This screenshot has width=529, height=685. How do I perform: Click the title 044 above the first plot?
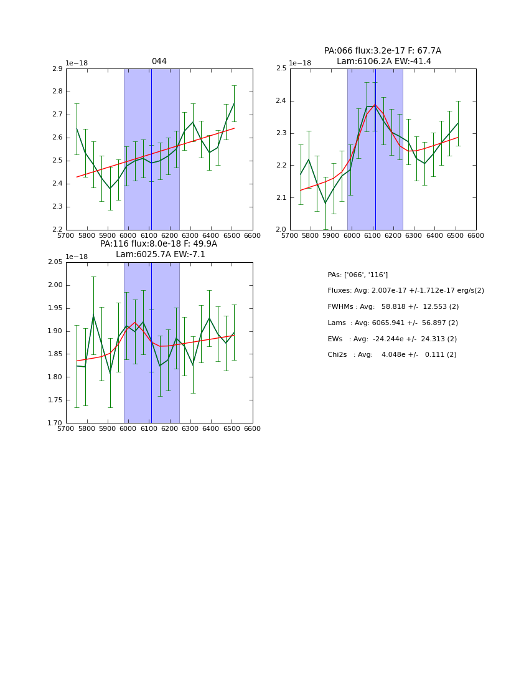[x=159, y=62]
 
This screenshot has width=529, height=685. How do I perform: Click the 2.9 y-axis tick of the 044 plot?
[x=57, y=68]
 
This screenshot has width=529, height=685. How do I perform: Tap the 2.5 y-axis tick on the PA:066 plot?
[x=281, y=68]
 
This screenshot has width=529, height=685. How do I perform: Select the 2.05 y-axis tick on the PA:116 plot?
[x=55, y=262]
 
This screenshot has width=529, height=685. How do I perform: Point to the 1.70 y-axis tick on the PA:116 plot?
[x=55, y=423]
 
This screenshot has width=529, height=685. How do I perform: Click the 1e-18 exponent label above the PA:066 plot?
[x=300, y=63]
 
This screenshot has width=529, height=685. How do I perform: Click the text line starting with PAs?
[x=357, y=275]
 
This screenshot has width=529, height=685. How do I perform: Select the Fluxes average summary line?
[x=405, y=291]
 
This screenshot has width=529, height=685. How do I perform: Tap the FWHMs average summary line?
[x=393, y=307]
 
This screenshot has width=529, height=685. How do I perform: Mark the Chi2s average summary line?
[x=391, y=355]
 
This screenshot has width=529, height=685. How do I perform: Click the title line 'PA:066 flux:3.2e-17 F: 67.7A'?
[x=382, y=51]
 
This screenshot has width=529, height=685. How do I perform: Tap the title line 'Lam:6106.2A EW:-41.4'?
[x=383, y=62]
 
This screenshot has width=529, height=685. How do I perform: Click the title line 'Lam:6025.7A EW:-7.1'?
[x=160, y=255]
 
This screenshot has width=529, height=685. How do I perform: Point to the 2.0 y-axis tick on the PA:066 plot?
[x=281, y=230]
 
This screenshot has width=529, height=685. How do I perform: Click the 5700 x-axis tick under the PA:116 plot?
[x=67, y=429]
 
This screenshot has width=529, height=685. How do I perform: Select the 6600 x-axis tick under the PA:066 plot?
[x=475, y=236]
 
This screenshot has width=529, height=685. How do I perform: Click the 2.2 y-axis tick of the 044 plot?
[x=57, y=230]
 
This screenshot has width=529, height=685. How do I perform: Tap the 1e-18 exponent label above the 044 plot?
[x=77, y=63]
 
